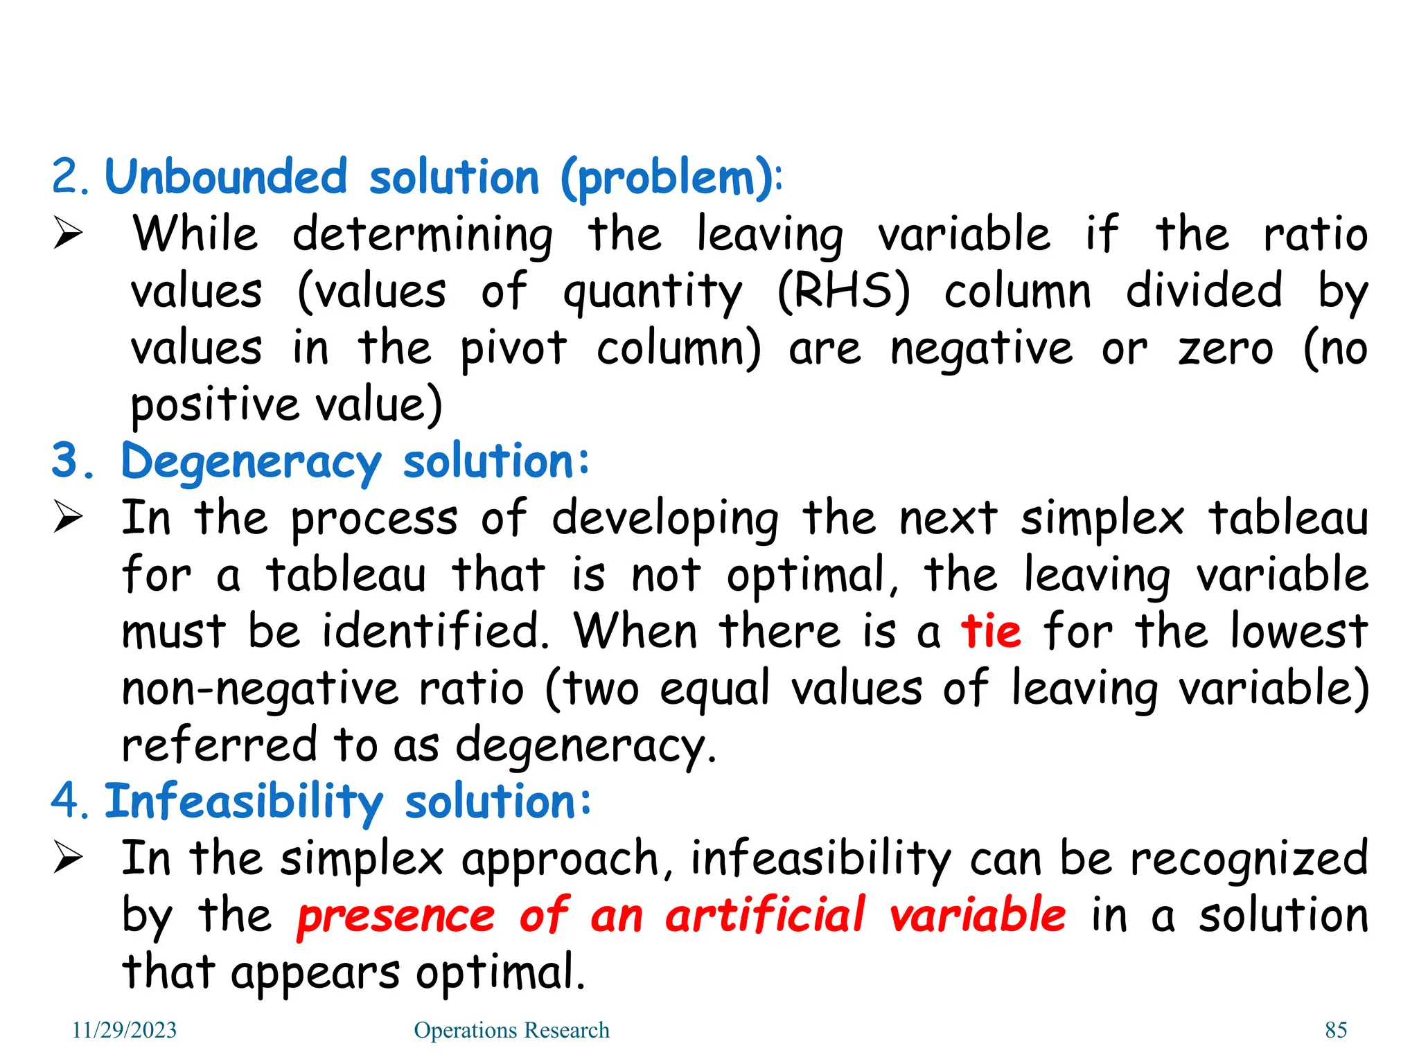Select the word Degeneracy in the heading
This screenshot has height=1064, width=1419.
point(251,463)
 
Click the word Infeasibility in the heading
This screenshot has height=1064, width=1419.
point(243,802)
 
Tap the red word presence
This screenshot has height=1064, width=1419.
point(396,916)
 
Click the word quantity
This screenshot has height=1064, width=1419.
point(652,293)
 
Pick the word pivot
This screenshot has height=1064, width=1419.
point(513,348)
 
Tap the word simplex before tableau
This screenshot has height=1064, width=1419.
point(1102,519)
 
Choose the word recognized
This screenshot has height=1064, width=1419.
point(1249,859)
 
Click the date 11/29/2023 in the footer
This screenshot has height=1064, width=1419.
point(125,1030)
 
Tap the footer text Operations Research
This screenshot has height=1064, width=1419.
point(511,1030)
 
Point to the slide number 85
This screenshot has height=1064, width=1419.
point(1336,1030)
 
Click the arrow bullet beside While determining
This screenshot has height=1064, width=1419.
point(68,233)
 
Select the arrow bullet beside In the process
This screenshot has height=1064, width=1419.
point(68,518)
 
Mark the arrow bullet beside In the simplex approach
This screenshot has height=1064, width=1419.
point(68,858)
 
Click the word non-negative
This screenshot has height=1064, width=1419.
point(260,689)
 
